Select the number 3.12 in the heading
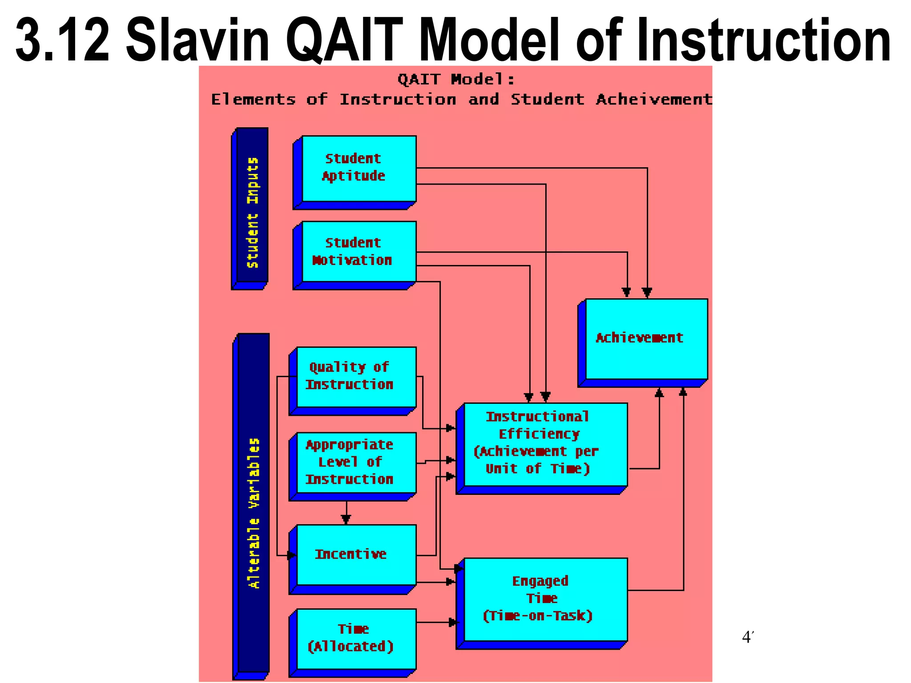click(62, 41)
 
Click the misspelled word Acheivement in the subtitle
click(654, 100)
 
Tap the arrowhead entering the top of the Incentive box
click(346, 519)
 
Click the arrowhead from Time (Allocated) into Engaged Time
click(453, 623)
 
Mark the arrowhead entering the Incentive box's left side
click(291, 555)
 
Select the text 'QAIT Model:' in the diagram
click(456, 80)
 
